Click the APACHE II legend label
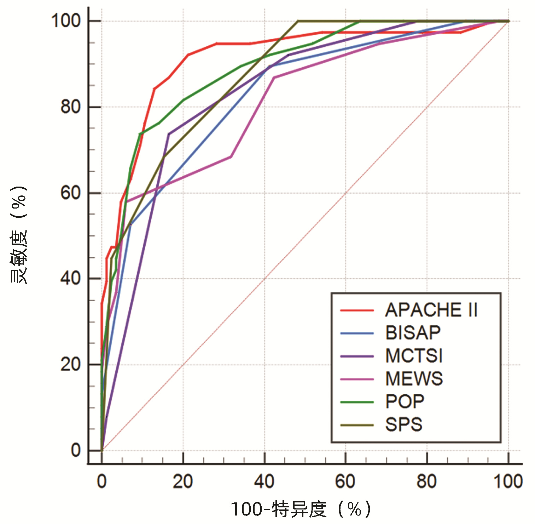click(x=431, y=310)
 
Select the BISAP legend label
click(x=413, y=333)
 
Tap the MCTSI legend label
click(x=414, y=356)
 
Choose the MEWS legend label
click(x=414, y=379)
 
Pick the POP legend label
click(x=405, y=402)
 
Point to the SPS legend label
click(x=404, y=425)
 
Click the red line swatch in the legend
click(x=357, y=311)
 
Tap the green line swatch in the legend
click(x=357, y=402)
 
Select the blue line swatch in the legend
click(x=357, y=333)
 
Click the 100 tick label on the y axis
click(x=66, y=21)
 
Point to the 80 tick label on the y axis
click(x=71, y=107)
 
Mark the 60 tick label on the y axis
click(x=71, y=193)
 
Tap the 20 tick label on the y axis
click(x=71, y=364)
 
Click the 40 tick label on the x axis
click(x=264, y=482)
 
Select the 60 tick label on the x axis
click(x=345, y=482)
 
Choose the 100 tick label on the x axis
click(x=508, y=482)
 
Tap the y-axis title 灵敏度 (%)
click(x=18, y=234)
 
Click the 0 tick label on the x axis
click(x=102, y=482)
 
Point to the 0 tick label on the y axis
click(x=76, y=450)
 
